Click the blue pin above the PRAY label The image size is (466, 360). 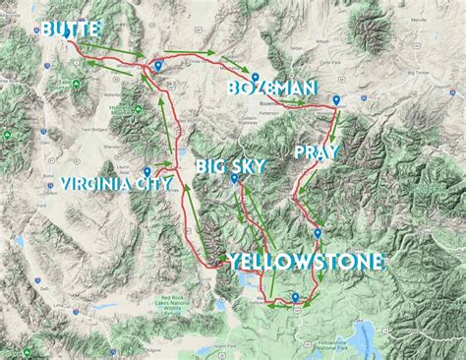pos(336,99)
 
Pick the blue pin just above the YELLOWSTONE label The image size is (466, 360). pos(317,233)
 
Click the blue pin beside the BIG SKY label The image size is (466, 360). pos(234,179)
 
